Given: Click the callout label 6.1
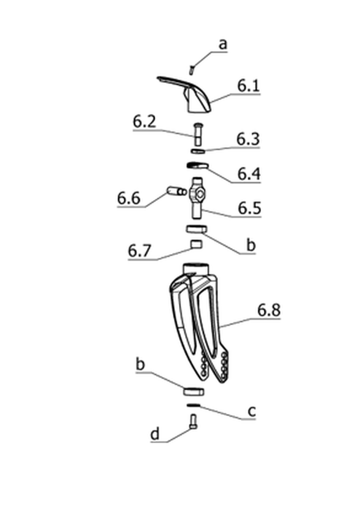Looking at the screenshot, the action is [x=249, y=85].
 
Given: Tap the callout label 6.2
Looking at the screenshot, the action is [x=144, y=122].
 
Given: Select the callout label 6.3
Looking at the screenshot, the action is [x=248, y=139].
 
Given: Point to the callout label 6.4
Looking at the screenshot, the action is [x=249, y=173].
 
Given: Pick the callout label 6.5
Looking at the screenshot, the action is [x=249, y=208].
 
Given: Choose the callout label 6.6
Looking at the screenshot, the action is [x=129, y=199].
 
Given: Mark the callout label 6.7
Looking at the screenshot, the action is [x=139, y=251].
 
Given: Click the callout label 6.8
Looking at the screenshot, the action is [x=268, y=310].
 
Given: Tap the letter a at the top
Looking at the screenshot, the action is [x=223, y=44].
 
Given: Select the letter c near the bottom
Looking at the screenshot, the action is [x=252, y=411].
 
